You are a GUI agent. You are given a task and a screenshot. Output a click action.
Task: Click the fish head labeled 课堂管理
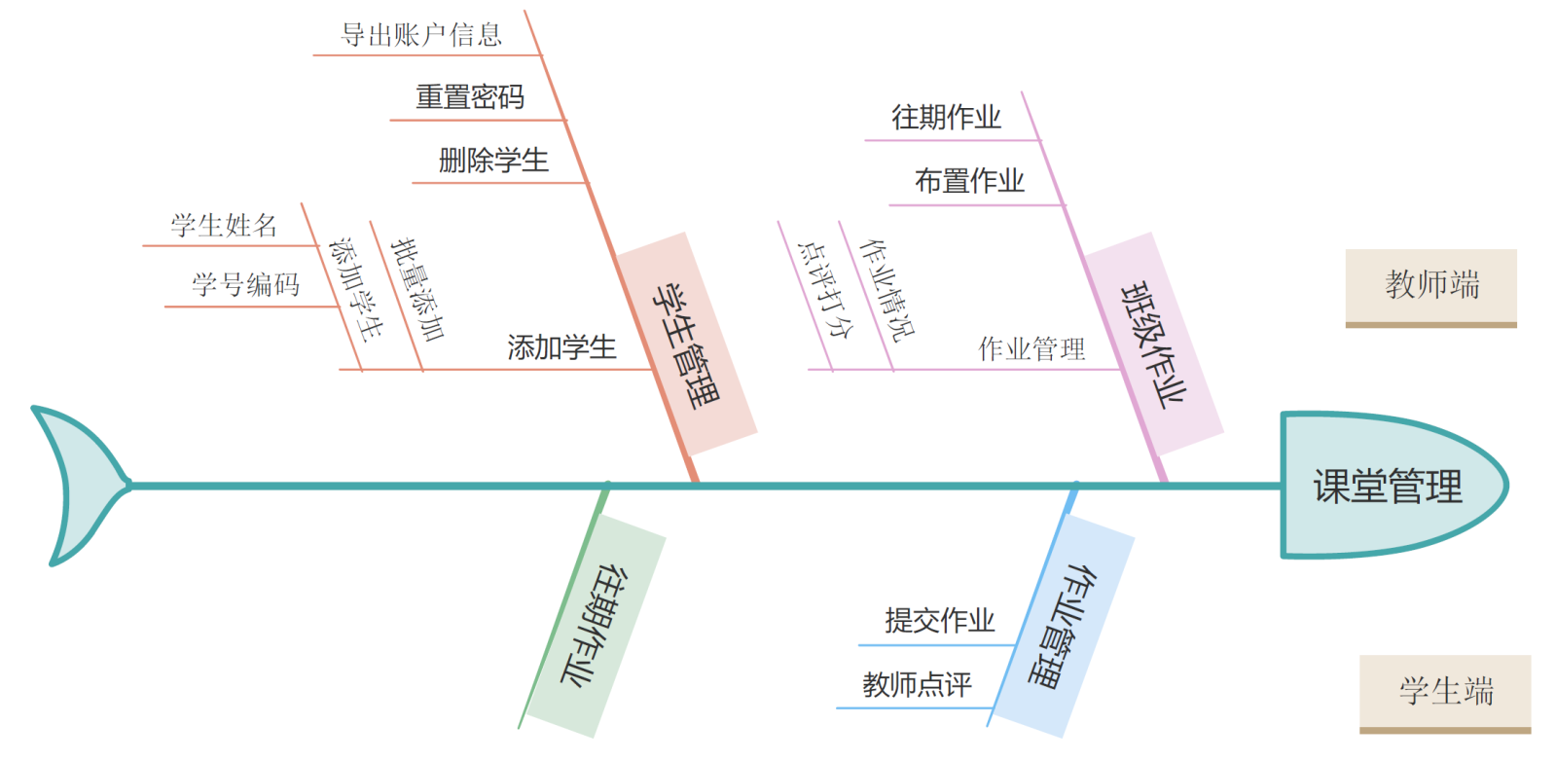1388,486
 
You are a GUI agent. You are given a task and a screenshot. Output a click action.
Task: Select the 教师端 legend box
1430,285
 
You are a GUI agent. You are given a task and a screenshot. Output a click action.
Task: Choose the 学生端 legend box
1445,691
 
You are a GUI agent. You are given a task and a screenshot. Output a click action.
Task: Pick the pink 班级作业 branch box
1154,344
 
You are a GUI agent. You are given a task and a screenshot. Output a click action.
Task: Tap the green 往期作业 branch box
594,625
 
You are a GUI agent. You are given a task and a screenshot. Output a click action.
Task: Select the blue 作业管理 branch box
1063,625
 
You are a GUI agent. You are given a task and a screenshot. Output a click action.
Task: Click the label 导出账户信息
421,35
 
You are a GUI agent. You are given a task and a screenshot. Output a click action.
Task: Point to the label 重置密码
470,97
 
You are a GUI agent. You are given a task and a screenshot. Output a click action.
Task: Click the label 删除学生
493,161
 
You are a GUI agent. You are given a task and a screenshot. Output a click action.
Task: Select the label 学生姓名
224,226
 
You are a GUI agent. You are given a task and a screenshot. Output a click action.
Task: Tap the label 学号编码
245,285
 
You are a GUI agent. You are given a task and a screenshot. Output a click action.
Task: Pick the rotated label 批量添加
417,290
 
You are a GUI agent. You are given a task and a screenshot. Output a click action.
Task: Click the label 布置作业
969,181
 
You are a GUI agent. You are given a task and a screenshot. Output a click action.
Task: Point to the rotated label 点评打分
824,290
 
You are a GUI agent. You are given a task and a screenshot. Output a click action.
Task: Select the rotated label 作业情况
887,290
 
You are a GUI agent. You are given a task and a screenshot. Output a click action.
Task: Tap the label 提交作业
939,621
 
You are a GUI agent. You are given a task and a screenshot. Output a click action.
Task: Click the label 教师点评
917,685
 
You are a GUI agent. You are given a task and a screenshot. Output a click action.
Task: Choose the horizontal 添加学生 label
561,347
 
